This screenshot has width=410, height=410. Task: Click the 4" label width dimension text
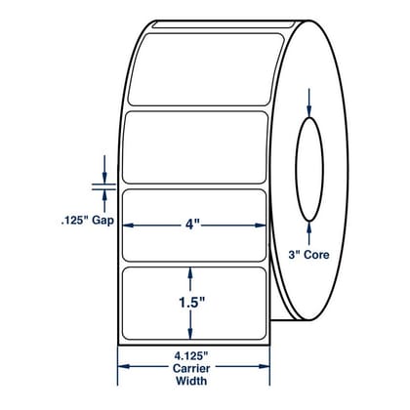tap(191, 225)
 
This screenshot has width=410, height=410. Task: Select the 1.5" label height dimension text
tap(191, 303)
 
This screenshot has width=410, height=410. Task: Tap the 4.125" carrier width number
tap(191, 356)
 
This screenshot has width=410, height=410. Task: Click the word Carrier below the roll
tap(191, 368)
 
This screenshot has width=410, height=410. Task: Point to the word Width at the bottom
tap(191, 381)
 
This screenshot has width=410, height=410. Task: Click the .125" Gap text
tap(88, 221)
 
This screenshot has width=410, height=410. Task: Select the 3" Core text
tap(308, 255)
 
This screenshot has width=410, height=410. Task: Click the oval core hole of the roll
tap(309, 169)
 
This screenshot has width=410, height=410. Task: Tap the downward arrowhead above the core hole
tap(309, 111)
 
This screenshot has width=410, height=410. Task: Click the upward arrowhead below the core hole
tap(309, 227)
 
